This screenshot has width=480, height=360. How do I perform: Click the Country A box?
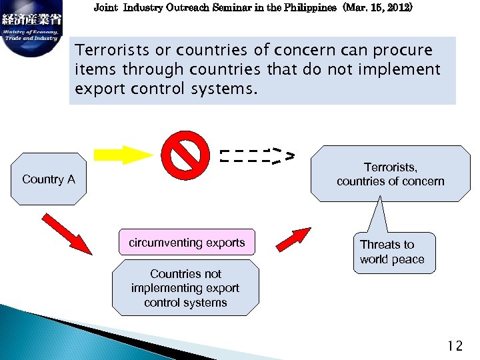click(x=49, y=179)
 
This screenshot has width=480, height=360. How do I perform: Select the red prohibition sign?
click(x=184, y=155)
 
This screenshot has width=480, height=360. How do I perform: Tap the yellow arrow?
click(x=124, y=155)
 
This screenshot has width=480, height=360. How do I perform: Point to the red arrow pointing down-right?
click(x=67, y=233)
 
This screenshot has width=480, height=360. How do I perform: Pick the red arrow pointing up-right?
click(x=293, y=239)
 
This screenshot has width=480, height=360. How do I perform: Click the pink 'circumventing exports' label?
click(x=187, y=243)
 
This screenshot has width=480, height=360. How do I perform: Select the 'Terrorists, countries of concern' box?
click(x=390, y=174)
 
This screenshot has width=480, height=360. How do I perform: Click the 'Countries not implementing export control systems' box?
click(x=185, y=288)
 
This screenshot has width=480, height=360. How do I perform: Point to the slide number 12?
click(x=455, y=345)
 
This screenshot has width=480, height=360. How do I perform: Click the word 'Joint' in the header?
click(x=105, y=9)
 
